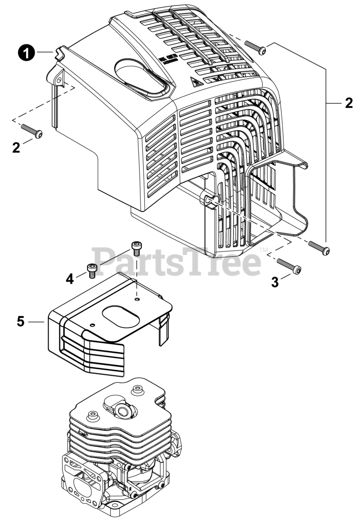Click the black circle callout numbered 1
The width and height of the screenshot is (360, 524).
[x=27, y=54]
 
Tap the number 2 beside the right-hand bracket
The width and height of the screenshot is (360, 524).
[x=349, y=103]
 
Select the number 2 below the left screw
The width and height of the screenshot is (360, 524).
[x=16, y=148]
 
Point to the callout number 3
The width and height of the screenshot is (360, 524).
[x=275, y=282]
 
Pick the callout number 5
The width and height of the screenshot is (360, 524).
[x=21, y=321]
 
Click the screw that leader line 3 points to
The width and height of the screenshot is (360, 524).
[x=289, y=266]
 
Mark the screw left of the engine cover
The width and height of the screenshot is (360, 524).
[x=32, y=131]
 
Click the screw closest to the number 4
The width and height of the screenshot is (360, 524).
[x=92, y=270]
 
